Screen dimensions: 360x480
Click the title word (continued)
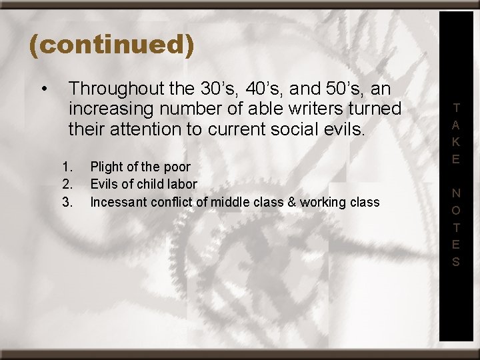[111, 45]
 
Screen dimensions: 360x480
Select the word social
[305, 129]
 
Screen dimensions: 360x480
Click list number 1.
[66, 167]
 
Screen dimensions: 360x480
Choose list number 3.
[66, 201]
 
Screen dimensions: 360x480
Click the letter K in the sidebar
[456, 141]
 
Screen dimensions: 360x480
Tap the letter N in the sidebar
[456, 193]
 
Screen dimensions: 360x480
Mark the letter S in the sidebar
[456, 262]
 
